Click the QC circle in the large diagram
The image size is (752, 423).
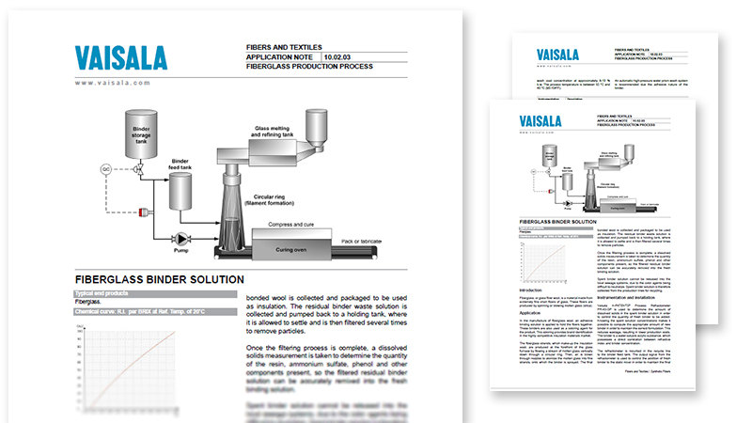pos(105,169)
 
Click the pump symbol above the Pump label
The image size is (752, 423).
pos(180,239)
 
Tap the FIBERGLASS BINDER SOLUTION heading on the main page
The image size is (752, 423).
pos(159,279)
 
